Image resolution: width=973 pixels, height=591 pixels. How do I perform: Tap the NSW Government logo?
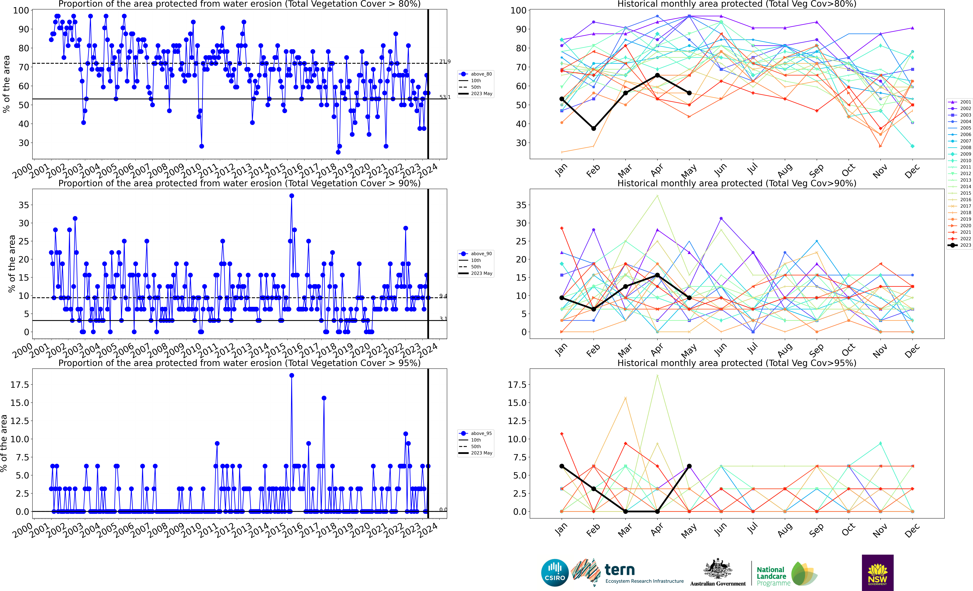(x=877, y=572)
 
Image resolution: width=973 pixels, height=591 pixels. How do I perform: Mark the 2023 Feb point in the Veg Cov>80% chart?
(x=594, y=128)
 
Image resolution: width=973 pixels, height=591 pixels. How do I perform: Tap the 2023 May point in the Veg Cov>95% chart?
(x=689, y=466)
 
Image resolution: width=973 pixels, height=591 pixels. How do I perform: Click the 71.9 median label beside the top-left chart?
(x=445, y=62)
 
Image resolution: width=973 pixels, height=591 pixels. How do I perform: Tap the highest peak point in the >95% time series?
(x=291, y=376)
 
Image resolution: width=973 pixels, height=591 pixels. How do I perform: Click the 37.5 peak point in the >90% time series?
(x=291, y=196)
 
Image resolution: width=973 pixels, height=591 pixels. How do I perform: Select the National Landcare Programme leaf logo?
(x=804, y=573)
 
